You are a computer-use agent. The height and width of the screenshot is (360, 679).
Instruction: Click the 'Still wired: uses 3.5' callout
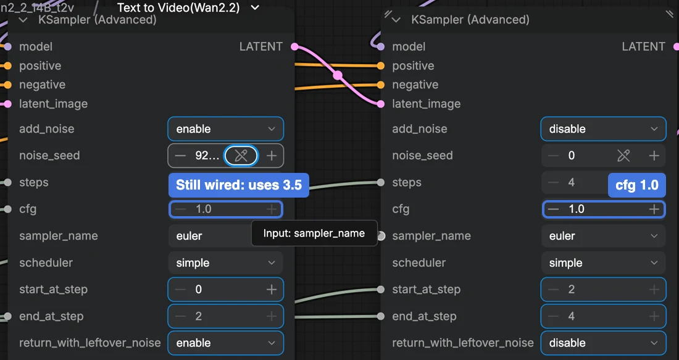239,185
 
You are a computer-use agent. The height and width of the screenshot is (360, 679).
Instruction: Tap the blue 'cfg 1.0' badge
637,185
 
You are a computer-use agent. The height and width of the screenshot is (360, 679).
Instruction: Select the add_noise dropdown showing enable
225,128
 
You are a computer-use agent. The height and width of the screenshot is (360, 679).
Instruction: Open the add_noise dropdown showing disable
603,128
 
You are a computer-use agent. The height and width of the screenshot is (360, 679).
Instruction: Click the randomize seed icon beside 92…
241,156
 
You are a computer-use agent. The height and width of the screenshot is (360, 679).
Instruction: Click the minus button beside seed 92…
180,156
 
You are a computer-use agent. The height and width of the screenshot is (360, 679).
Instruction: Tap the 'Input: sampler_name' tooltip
314,233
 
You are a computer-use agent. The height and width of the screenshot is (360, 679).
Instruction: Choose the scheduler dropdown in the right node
603,262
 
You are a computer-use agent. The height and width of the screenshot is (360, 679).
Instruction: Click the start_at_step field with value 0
225,290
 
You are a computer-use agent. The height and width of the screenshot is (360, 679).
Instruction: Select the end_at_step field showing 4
603,316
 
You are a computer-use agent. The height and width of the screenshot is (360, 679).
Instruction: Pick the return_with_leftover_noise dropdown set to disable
603,343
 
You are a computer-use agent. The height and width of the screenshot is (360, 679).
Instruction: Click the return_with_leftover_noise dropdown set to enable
225,343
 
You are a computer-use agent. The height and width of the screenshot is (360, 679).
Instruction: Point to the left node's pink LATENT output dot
294,46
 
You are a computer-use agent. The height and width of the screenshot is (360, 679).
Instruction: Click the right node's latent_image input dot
381,104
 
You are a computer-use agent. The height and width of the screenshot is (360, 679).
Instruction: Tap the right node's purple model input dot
381,46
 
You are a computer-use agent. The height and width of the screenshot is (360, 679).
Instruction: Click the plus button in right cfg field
654,209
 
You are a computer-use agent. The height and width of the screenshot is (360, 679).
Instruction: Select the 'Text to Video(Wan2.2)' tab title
178,7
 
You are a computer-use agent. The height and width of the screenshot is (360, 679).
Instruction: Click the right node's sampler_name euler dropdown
603,236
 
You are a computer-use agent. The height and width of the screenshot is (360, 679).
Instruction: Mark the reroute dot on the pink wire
337,75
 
